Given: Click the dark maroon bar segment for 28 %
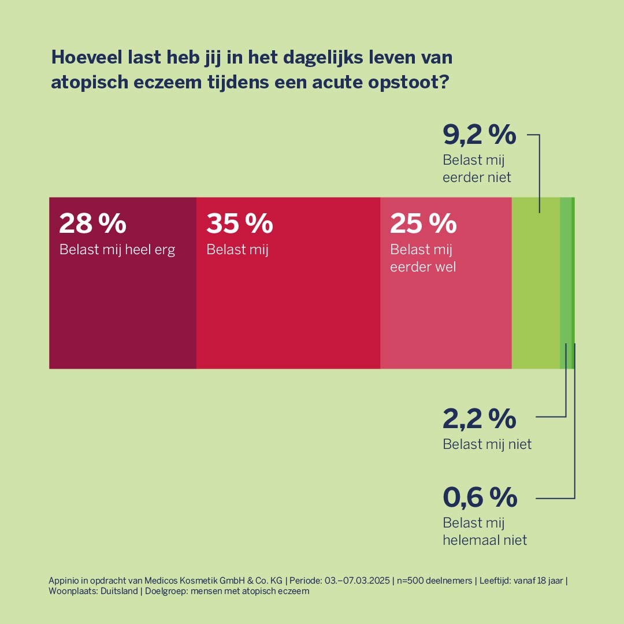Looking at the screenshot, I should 122,306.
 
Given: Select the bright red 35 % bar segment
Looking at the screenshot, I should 288,306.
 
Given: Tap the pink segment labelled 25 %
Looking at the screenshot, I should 445,312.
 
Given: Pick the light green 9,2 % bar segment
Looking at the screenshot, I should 536,289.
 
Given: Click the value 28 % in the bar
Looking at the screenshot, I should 92,224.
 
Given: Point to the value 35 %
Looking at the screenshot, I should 240,224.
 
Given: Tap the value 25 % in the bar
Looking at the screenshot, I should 424,224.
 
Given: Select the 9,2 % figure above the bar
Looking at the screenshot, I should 479,135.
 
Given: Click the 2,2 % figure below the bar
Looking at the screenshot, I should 479,418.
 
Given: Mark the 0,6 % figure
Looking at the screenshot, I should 480,497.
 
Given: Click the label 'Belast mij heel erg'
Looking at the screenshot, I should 117,250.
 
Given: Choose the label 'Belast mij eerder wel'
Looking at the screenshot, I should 423,258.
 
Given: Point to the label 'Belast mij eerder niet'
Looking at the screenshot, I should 477,169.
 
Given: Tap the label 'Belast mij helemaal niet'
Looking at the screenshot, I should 485,532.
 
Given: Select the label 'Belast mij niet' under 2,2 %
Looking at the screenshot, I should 487,444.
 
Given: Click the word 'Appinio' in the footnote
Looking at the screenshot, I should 64,581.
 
